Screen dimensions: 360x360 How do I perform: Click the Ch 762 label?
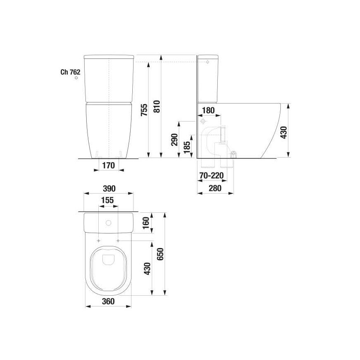[x=70, y=72]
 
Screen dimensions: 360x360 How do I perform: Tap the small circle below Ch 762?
[x=76, y=78]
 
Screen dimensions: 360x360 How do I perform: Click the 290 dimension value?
[x=174, y=140]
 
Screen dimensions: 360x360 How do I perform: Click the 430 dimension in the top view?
[x=147, y=269]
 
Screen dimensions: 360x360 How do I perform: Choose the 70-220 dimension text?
[x=211, y=176]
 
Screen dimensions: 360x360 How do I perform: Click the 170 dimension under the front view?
[x=108, y=166]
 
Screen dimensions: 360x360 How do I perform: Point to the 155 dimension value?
[x=107, y=200]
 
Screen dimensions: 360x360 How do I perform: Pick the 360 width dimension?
[x=108, y=302]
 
